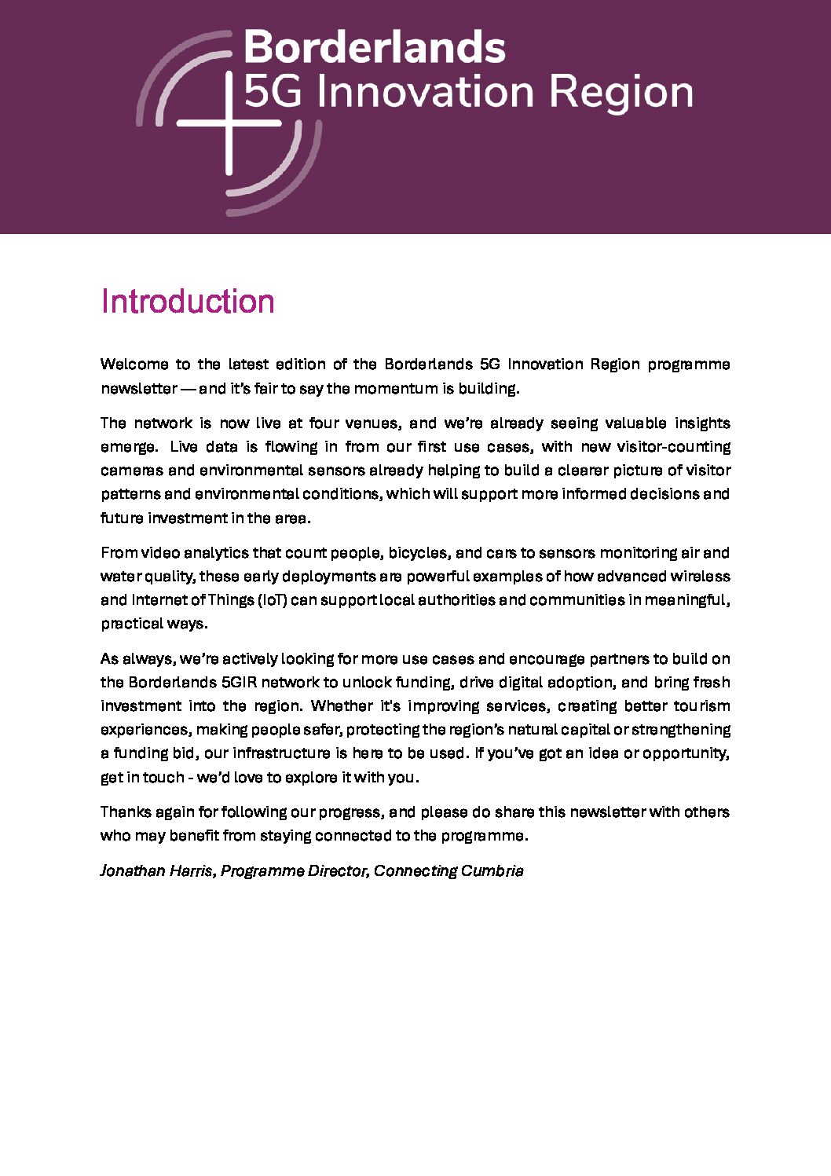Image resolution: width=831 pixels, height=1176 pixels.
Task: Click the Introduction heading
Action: click(188, 302)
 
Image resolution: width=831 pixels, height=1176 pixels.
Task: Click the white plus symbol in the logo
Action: click(229, 123)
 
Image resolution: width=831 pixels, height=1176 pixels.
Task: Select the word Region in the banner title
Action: click(621, 93)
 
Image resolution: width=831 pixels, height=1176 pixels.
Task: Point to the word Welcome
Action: click(134, 365)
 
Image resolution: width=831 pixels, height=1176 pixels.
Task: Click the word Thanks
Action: click(126, 812)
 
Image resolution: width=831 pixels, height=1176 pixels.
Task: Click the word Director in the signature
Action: click(337, 871)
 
